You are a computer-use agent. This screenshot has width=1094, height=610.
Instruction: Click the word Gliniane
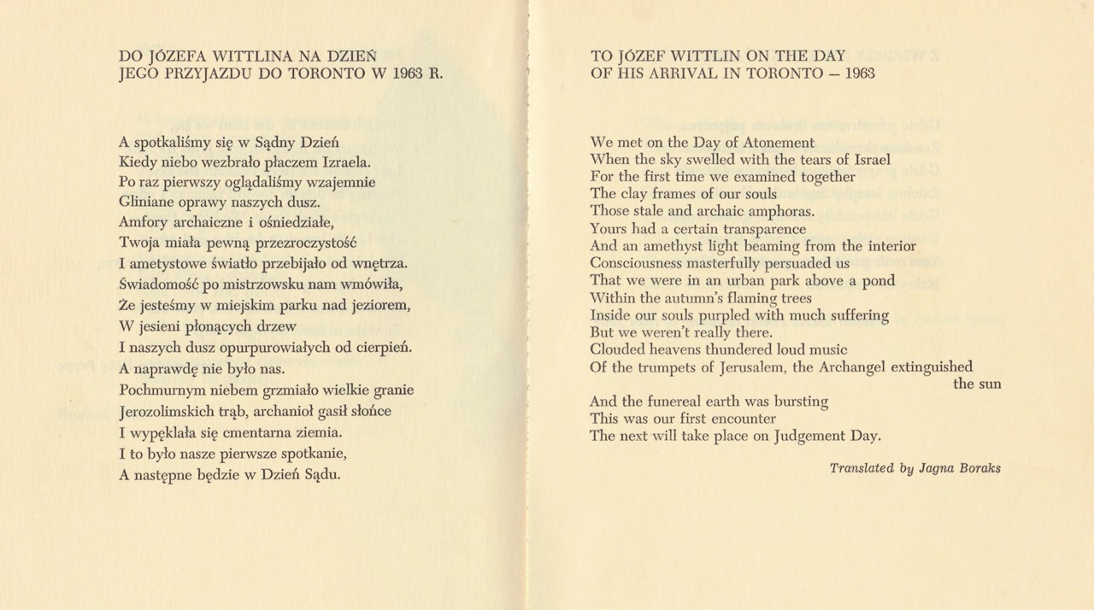pos(146,202)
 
